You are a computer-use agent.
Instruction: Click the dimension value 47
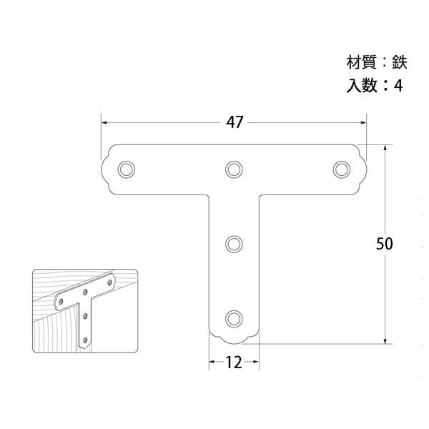pyautogui.click(x=235, y=122)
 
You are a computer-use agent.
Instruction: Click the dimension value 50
pyautogui.click(x=384, y=244)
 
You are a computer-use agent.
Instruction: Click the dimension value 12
pyautogui.click(x=234, y=363)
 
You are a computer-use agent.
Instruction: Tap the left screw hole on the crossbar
pyautogui.click(x=126, y=169)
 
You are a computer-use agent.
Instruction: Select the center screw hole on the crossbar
pyautogui.click(x=234, y=169)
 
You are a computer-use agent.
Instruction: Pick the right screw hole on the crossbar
pyautogui.click(x=342, y=169)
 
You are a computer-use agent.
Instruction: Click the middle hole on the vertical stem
pyautogui.click(x=234, y=244)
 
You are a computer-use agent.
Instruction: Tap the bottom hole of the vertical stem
pyautogui.click(x=234, y=318)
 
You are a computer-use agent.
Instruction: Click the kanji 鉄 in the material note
pyautogui.click(x=400, y=63)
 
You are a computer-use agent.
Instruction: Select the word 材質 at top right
pyautogui.click(x=362, y=63)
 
